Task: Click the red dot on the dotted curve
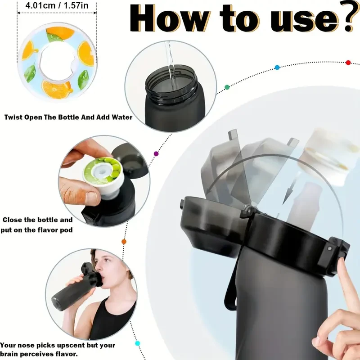point(348,63)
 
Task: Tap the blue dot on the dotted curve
point(277,67)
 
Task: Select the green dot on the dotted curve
point(227,86)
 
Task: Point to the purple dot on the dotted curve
point(156,154)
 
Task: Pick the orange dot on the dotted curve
point(124,242)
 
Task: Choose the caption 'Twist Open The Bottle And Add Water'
point(68,117)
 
